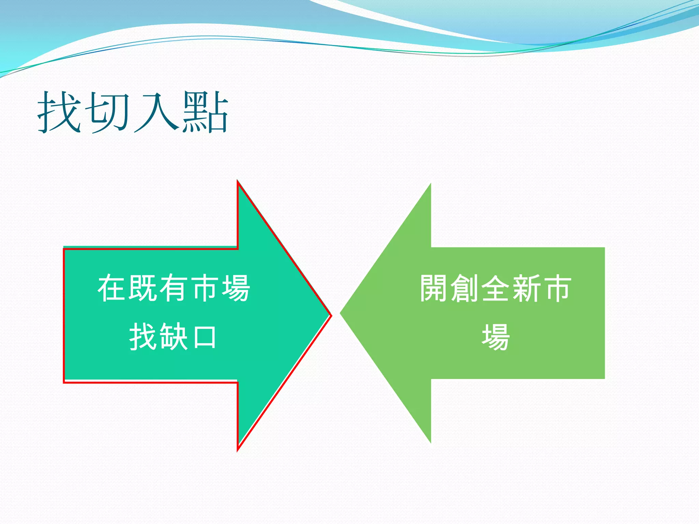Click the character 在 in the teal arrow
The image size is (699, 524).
click(112, 288)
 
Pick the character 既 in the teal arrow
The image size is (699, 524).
click(143, 288)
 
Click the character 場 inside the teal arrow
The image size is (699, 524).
click(236, 288)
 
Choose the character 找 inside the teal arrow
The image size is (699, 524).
click(143, 337)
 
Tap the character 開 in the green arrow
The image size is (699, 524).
click(434, 288)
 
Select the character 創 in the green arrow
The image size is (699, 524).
click(465, 288)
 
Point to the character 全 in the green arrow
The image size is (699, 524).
click(496, 288)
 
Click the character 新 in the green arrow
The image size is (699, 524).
click(527, 288)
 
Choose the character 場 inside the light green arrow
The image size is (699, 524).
click(496, 337)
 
